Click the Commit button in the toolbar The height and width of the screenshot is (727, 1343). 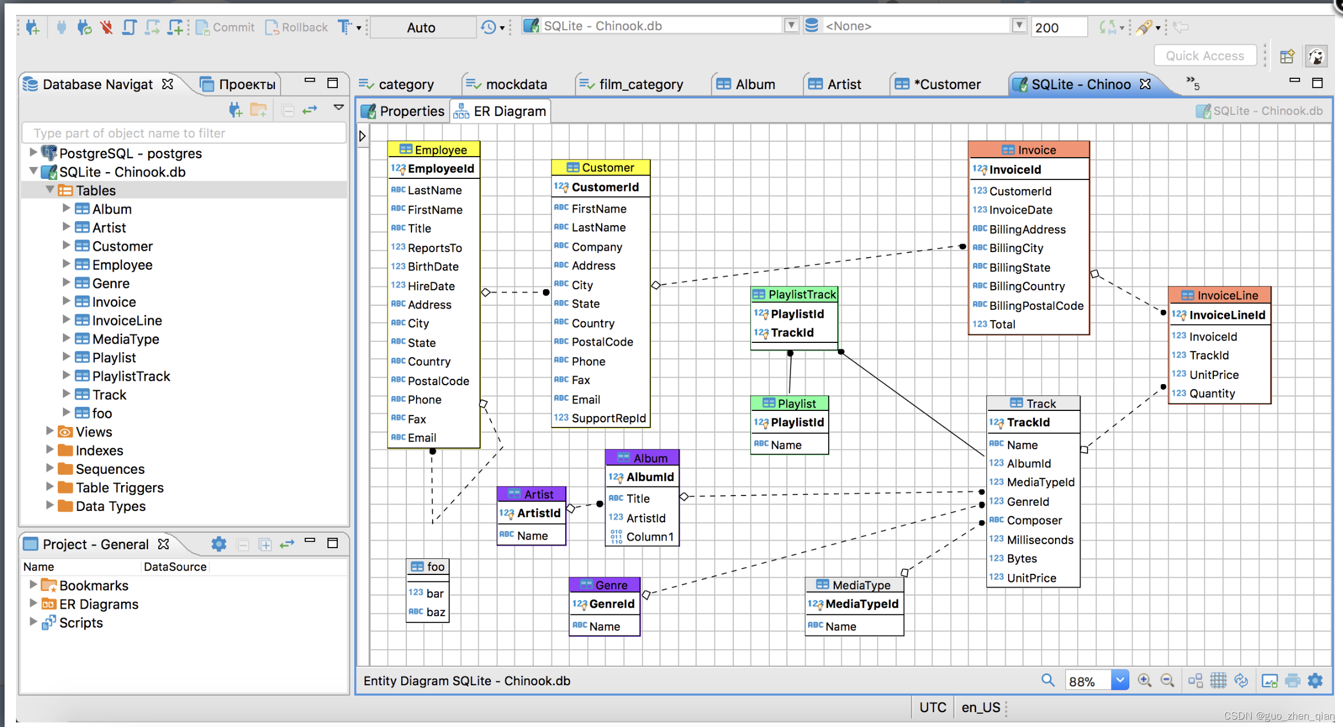[x=225, y=27]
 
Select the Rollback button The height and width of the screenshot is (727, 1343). [x=297, y=27]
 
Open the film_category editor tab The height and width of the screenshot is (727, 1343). [x=631, y=85]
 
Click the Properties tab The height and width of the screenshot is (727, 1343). [x=403, y=111]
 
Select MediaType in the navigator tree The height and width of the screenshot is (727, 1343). [x=125, y=339]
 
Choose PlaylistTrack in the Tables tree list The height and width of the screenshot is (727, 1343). [x=131, y=376]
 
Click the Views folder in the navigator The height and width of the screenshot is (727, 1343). [x=94, y=432]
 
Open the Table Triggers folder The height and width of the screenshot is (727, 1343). [x=119, y=488]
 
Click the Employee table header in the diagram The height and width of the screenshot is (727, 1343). [x=434, y=149]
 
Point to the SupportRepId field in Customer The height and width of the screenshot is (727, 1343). [x=608, y=418]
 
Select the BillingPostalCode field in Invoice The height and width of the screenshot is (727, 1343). [x=1036, y=306]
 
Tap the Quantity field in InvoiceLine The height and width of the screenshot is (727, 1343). [x=1212, y=393]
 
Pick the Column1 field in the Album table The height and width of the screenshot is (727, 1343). [x=650, y=537]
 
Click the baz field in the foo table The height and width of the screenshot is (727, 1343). [x=435, y=612]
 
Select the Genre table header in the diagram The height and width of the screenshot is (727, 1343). [x=605, y=585]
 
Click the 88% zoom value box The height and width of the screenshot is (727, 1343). [x=1088, y=681]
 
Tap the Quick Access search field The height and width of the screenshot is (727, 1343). [x=1205, y=55]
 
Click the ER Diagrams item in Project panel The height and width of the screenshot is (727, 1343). [x=98, y=604]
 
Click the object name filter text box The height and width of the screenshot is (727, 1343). [x=184, y=133]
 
